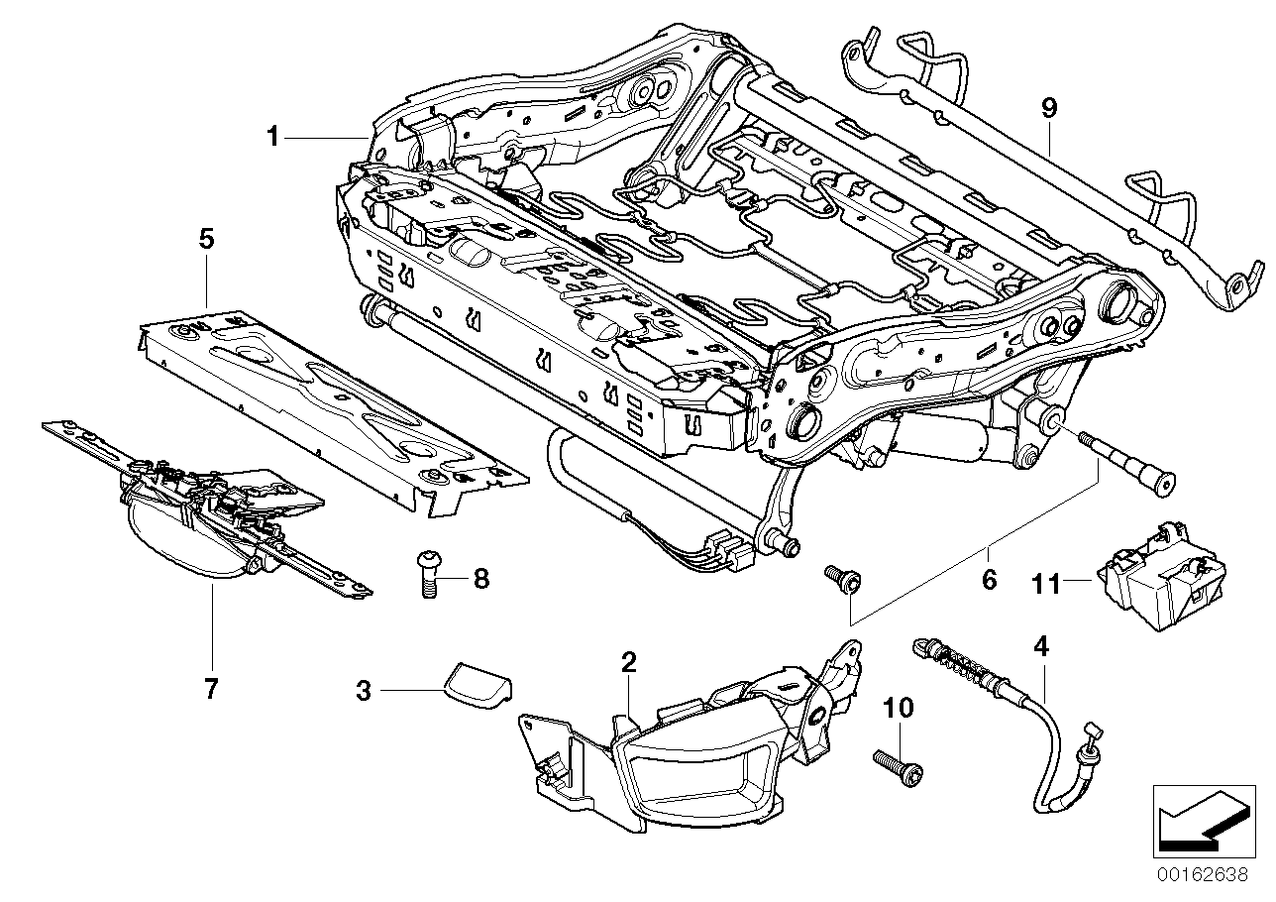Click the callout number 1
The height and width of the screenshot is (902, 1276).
point(272,137)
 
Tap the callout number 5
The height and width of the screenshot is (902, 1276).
point(206,239)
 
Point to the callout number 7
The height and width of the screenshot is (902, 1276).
point(210,689)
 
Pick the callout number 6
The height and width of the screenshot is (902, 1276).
point(988,580)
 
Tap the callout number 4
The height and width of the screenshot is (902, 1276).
point(1039,647)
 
